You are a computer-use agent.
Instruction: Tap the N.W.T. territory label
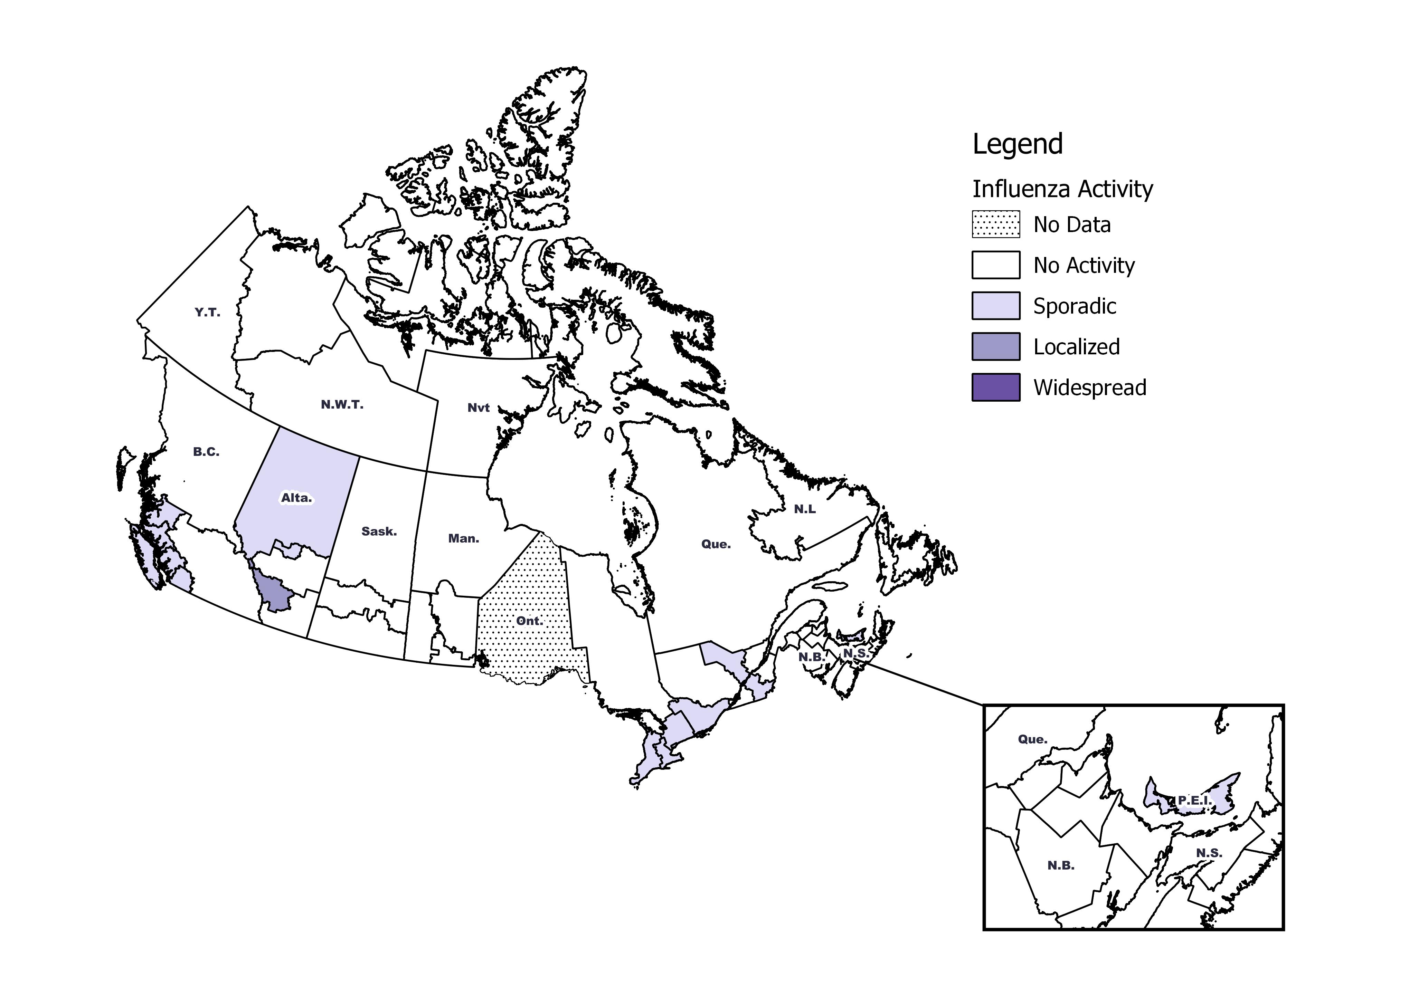342,405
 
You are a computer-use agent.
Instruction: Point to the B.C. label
206,452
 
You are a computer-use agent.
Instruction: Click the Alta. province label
297,498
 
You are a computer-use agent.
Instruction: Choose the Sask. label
379,531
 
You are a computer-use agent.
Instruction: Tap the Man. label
463,538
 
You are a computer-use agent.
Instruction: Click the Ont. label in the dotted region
529,621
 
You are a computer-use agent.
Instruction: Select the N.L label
804,509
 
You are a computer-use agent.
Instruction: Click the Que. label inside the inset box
1032,739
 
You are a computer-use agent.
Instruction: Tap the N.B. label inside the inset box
1060,865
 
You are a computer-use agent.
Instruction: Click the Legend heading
1018,144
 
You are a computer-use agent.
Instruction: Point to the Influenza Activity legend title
1062,189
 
